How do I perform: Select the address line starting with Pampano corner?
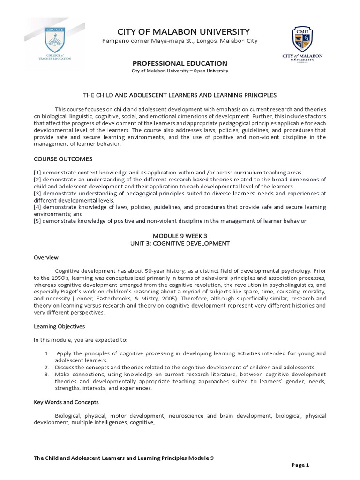point(180,41)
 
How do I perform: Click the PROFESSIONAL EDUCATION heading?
point(180,63)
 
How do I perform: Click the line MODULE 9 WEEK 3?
point(180,236)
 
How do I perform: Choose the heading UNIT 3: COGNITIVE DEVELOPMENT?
point(180,243)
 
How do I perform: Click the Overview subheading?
point(45,257)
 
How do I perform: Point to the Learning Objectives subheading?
point(59,326)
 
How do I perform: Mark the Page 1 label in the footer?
point(301,465)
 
